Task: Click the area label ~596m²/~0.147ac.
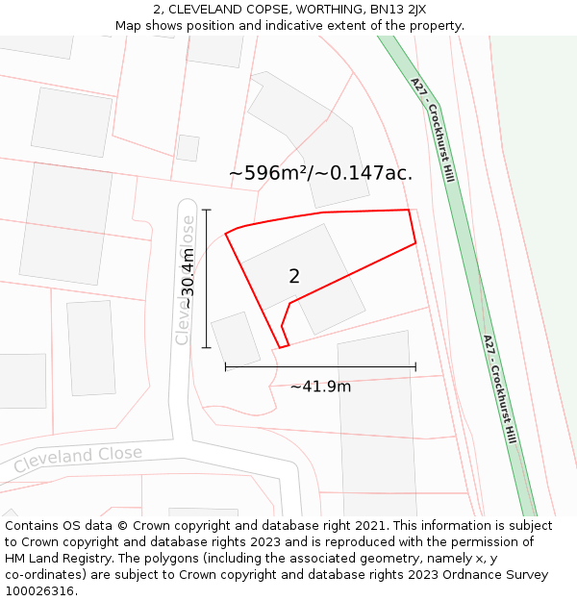coord(320,173)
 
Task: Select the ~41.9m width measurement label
coord(320,387)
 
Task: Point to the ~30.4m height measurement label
coord(188,278)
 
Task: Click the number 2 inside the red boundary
coord(294,276)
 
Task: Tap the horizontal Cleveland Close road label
coord(78,459)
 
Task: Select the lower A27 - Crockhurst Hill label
coord(500,388)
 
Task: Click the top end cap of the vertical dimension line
coord(206,209)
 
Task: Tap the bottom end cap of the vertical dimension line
coord(206,347)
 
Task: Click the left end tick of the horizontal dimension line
coord(226,366)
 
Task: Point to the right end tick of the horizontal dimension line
coord(415,366)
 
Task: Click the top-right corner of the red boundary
coord(409,210)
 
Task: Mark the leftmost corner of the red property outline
coord(226,234)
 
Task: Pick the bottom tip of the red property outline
coord(281,347)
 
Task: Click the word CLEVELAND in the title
coord(204,9)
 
